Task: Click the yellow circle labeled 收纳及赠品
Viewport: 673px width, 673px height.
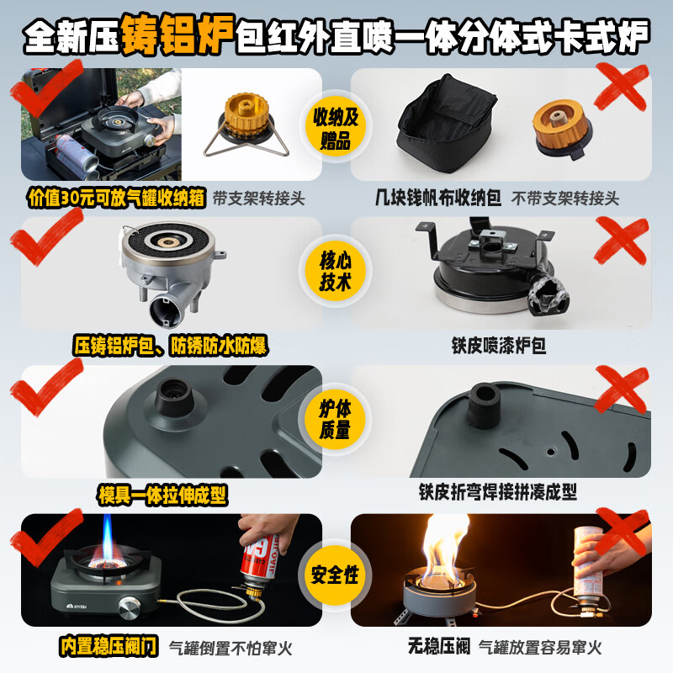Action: [x=335, y=128]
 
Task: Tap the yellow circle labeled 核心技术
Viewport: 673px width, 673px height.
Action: [x=335, y=271]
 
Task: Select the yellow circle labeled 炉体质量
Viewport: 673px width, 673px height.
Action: [x=335, y=419]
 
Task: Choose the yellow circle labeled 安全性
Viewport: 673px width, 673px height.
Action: [x=335, y=575]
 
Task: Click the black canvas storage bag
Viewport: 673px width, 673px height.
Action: [x=447, y=124]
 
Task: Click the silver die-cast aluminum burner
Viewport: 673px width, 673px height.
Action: [x=172, y=270]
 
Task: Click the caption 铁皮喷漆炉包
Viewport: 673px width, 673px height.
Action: [x=498, y=346]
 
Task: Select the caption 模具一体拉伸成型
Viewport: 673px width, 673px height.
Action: [x=162, y=495]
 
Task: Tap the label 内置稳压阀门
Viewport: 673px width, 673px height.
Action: [x=109, y=646]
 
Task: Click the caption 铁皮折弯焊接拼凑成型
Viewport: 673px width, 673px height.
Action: [x=498, y=492]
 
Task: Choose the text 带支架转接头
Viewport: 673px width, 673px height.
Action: [x=259, y=199]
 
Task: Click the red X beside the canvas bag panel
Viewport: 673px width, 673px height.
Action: [x=621, y=86]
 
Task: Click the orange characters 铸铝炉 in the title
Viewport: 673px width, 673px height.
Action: [x=178, y=34]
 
